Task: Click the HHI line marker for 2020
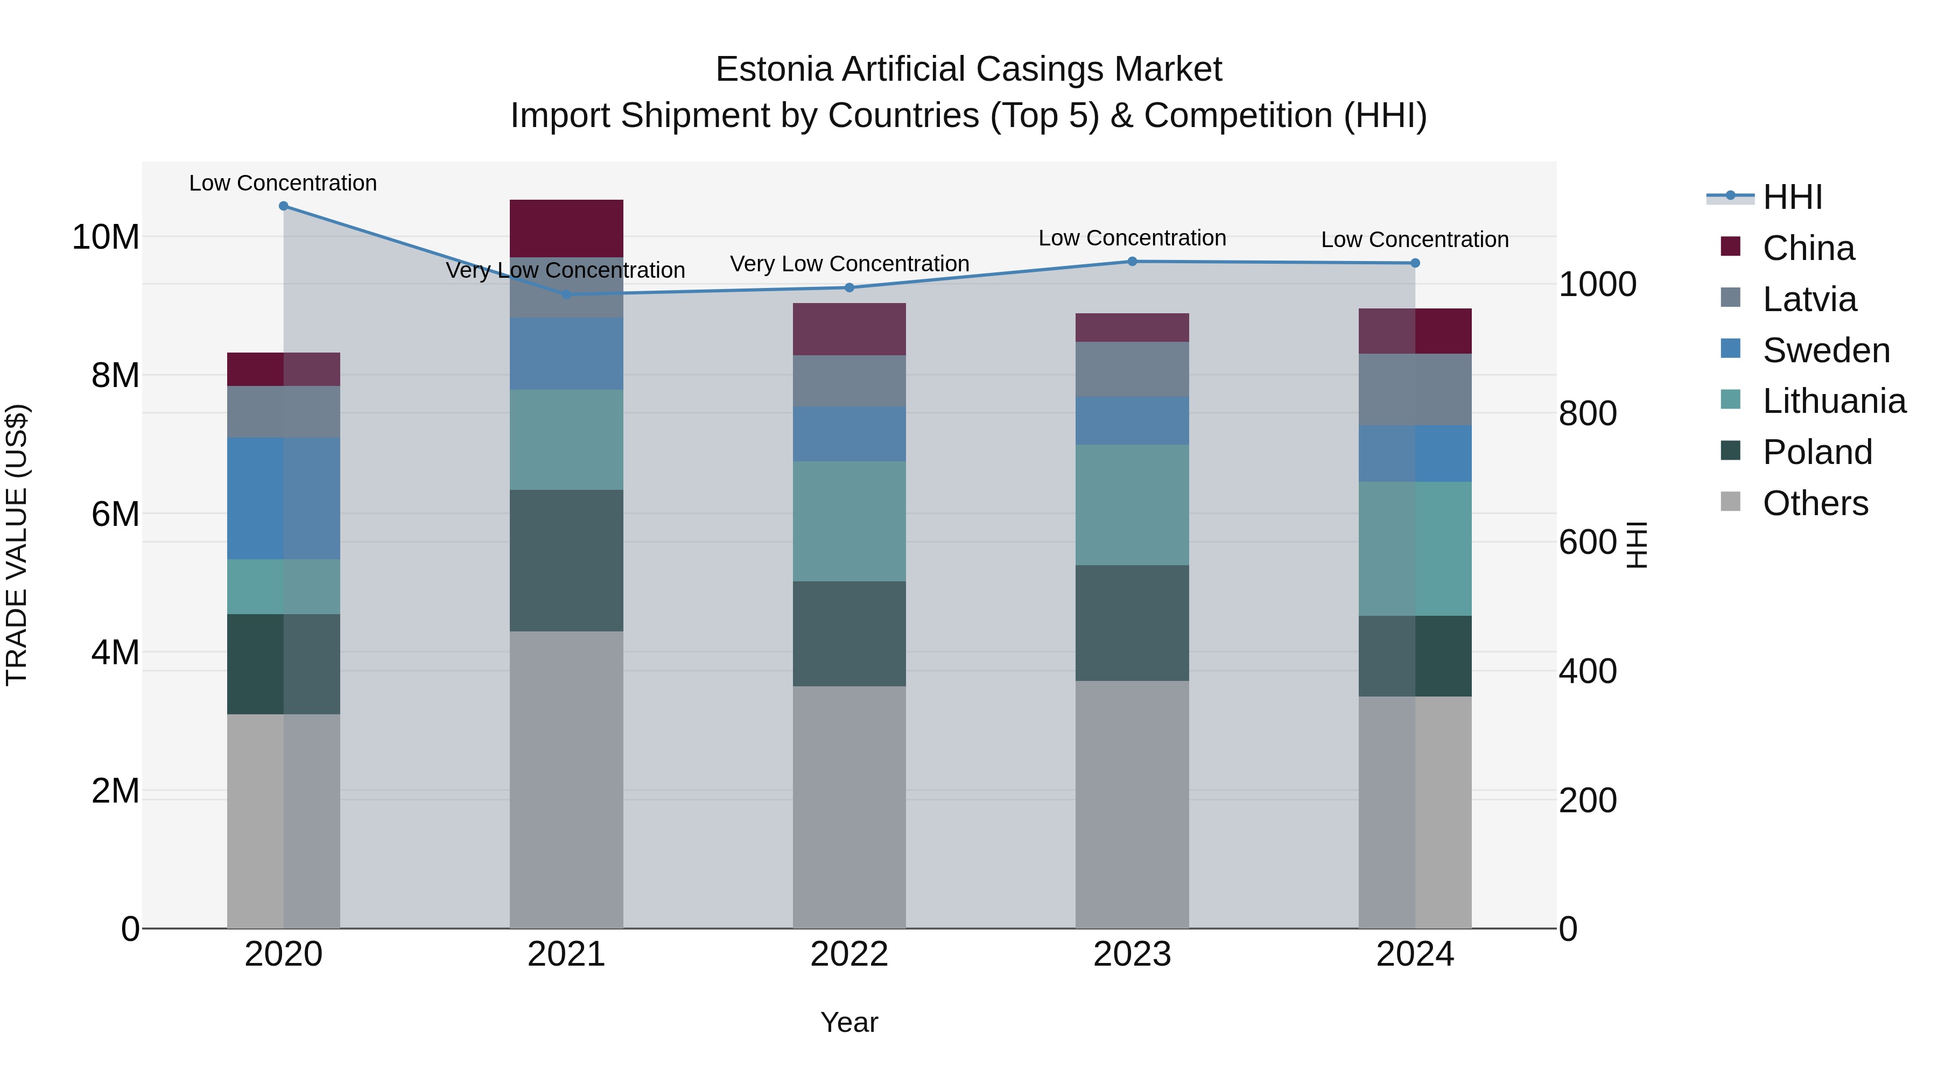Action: point(284,206)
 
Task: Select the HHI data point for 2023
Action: point(1132,262)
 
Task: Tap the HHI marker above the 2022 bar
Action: point(849,287)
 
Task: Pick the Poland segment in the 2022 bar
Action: point(849,634)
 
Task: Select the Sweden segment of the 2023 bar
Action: point(1132,420)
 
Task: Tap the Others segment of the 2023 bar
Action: point(1132,804)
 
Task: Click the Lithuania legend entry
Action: point(1834,401)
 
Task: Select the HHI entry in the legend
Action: point(1792,197)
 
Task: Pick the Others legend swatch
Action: point(1730,502)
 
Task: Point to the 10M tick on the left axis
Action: point(106,237)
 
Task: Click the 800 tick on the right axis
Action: point(1588,414)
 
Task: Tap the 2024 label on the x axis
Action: point(1414,954)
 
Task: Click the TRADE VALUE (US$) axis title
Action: point(17,545)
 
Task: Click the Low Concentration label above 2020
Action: point(283,183)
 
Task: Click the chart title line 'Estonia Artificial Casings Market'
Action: point(968,69)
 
